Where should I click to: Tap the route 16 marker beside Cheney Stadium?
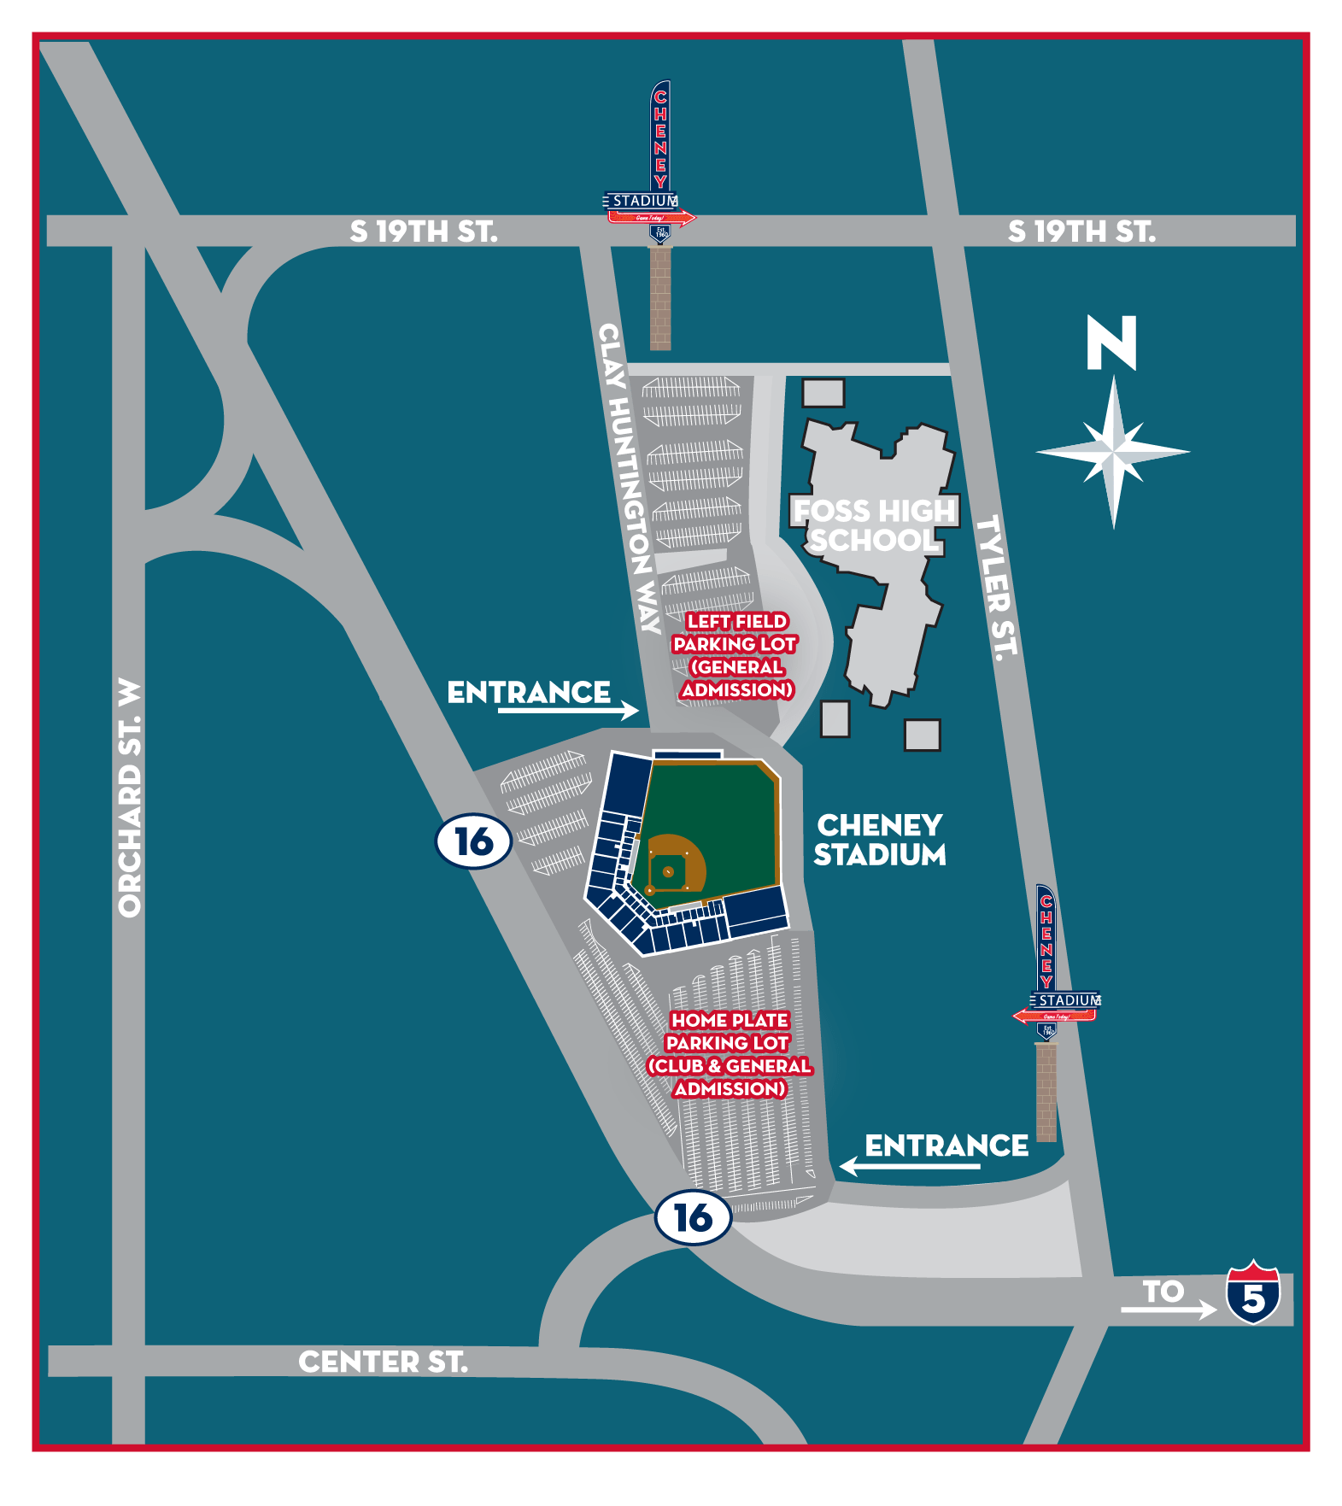(x=474, y=841)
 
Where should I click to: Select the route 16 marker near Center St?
(x=693, y=1217)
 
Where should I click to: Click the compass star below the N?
(x=1113, y=450)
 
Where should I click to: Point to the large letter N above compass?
(x=1111, y=343)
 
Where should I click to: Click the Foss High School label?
(x=874, y=525)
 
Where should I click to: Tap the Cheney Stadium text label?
(x=879, y=840)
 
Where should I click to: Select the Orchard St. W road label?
(x=129, y=799)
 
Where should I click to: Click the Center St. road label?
(x=383, y=1362)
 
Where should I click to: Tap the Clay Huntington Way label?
(x=630, y=478)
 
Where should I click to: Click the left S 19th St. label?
(x=424, y=231)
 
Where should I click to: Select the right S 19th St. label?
(x=1081, y=231)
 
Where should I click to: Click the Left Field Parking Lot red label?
(x=735, y=655)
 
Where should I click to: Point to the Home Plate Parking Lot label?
(x=730, y=1054)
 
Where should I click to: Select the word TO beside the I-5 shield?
(x=1163, y=1291)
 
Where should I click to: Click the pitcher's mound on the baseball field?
(x=668, y=871)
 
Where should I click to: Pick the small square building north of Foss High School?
(x=823, y=393)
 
